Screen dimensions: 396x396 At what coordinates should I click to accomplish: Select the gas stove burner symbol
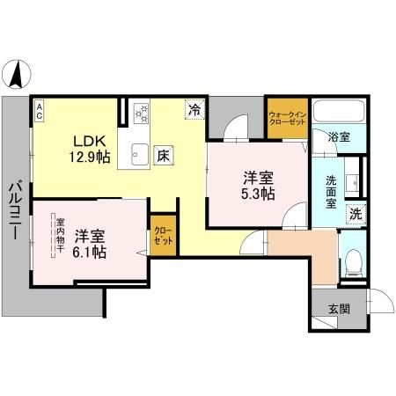pos(141,114)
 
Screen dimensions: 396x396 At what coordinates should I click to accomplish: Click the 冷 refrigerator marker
pos(193,111)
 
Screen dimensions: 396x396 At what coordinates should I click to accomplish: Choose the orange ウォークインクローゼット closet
pos(286,118)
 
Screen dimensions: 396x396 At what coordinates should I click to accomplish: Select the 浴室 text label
pos(340,137)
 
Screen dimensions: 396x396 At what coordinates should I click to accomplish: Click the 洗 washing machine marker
pos(356,212)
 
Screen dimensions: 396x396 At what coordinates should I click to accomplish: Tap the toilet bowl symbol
pos(354,261)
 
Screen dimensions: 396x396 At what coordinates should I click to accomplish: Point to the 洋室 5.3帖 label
pos(258,185)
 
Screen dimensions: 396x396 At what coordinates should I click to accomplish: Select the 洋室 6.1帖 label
pos(90,244)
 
